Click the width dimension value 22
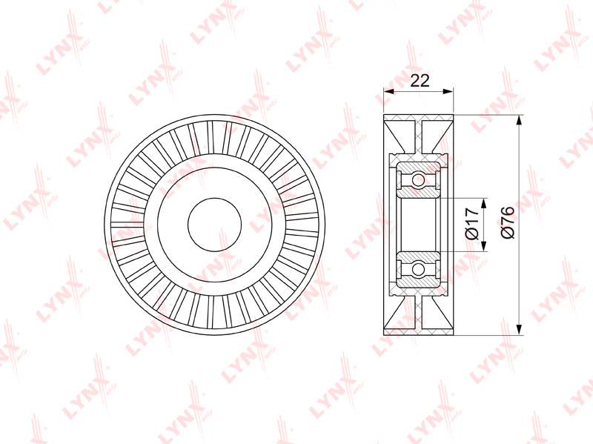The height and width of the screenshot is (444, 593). click(420, 81)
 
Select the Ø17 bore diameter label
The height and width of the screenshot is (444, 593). click(472, 224)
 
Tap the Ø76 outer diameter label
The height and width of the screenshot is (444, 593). click(508, 222)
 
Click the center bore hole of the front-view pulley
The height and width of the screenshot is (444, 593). click(214, 225)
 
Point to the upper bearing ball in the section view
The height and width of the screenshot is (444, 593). click(418, 179)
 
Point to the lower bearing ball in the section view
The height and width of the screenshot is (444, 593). click(418, 270)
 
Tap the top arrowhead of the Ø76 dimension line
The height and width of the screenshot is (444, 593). click(520, 120)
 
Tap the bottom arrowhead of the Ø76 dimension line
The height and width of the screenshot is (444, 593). click(520, 329)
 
